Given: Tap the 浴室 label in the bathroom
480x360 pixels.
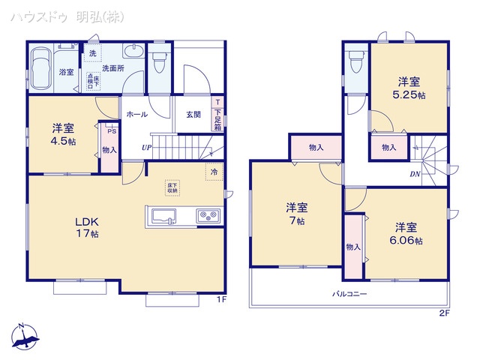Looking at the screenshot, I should (x=66, y=72).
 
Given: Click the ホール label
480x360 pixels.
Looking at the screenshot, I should (x=136, y=115).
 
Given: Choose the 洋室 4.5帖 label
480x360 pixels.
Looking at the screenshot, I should (x=63, y=132).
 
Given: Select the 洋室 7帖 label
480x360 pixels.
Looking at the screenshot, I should (x=295, y=214).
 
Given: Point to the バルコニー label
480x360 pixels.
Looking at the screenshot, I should (x=350, y=295).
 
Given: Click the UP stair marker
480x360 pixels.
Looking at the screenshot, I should (x=146, y=148).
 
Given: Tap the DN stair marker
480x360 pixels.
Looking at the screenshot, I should (x=415, y=175).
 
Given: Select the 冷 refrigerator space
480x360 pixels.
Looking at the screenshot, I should (x=214, y=172).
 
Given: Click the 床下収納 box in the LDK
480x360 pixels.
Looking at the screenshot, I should (x=172, y=187).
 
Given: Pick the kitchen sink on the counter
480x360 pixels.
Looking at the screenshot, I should (x=163, y=217).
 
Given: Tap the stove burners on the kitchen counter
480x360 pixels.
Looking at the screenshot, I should (x=207, y=217).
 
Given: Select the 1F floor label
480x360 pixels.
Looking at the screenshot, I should (x=222, y=301).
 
